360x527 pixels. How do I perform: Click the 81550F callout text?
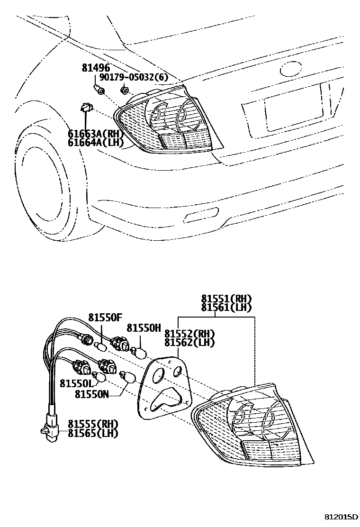(x=105, y=317)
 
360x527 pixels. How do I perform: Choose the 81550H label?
(x=144, y=328)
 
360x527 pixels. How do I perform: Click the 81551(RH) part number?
(x=226, y=299)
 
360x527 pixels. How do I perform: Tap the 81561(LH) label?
(x=226, y=308)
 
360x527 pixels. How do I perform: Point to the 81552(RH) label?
(x=189, y=334)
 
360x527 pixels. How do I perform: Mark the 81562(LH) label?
(x=189, y=342)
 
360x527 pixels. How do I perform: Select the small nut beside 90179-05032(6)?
(x=125, y=90)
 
